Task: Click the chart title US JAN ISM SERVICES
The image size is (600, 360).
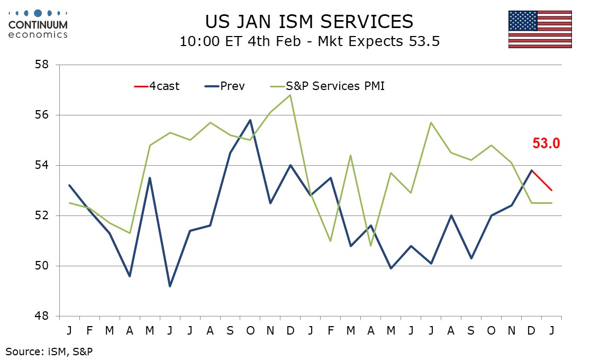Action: tap(309, 21)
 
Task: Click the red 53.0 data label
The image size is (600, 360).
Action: tap(546, 143)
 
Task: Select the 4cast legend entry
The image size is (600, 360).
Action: tap(157, 86)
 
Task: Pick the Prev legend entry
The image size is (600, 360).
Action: tap(225, 86)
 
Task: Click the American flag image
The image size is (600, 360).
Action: tap(540, 29)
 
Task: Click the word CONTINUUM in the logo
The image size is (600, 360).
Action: tap(38, 25)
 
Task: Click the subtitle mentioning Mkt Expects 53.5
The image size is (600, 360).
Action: tap(309, 41)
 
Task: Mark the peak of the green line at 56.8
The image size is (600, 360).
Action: tap(290, 95)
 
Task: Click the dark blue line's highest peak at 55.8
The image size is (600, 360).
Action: tap(250, 120)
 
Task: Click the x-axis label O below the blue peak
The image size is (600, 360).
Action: tap(250, 330)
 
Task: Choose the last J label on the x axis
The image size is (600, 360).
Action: tap(551, 330)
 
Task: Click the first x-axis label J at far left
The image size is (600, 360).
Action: tap(69, 330)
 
